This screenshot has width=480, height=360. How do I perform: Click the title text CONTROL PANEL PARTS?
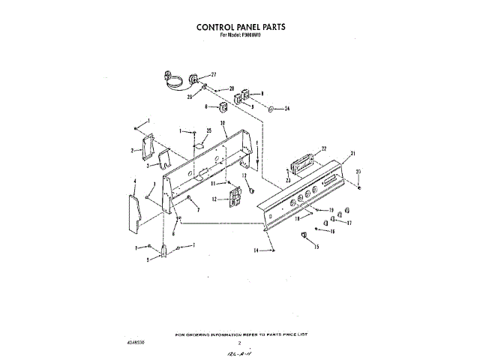click(240, 26)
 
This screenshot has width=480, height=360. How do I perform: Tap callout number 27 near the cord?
click(213, 75)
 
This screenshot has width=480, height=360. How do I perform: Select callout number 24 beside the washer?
click(286, 109)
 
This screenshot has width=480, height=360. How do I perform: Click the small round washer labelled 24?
click(270, 109)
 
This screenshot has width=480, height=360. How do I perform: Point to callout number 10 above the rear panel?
click(223, 122)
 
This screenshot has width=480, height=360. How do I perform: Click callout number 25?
click(208, 130)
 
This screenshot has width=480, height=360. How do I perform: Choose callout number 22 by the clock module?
click(324, 148)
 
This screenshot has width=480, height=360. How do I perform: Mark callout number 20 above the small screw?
click(358, 172)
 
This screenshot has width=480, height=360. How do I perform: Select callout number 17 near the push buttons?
click(348, 223)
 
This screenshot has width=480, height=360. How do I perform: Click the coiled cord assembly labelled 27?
click(176, 79)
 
